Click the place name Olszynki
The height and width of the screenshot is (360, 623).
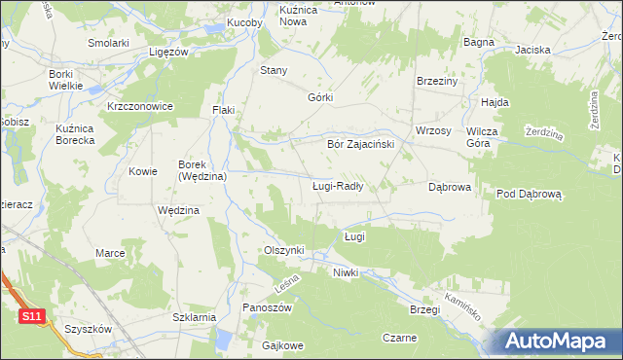point(284,250)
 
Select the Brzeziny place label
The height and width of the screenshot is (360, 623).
point(436,82)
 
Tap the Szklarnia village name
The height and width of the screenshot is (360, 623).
point(193,317)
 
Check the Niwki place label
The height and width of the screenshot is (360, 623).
point(346,272)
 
